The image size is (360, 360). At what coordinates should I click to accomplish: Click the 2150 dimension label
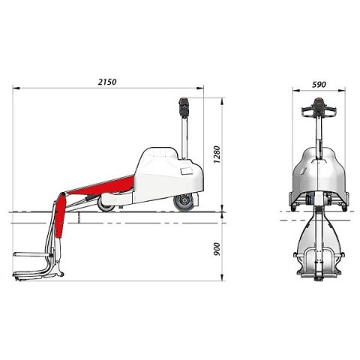(107, 82)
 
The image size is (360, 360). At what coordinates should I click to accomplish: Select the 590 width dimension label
(319, 85)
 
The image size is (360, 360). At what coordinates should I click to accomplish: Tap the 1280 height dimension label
(217, 154)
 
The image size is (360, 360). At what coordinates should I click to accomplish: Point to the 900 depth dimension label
(217, 249)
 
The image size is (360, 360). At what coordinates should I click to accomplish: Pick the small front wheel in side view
(106, 205)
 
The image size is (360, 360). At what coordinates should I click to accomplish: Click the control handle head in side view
(184, 107)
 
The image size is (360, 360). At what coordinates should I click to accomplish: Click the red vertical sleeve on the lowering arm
(59, 215)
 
